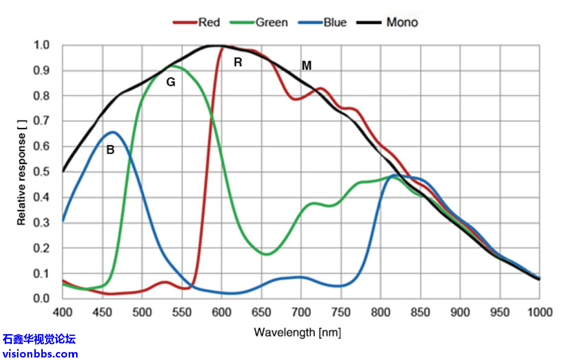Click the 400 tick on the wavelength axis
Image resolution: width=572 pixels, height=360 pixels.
tap(63, 312)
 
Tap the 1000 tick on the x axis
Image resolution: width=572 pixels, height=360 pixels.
tap(540, 312)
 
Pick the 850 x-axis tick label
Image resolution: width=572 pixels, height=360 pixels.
tap(420, 312)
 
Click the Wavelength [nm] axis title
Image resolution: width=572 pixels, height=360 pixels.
tap(297, 332)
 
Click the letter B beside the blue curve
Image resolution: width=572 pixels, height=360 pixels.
tap(110, 150)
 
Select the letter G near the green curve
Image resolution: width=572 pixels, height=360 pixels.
tap(171, 83)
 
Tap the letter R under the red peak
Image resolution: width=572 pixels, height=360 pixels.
tap(238, 63)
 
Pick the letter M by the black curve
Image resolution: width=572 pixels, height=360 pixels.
tap(306, 66)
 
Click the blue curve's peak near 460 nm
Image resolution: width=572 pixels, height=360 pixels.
tap(113, 132)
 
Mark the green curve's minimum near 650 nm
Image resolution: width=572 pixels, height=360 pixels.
tap(267, 255)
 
